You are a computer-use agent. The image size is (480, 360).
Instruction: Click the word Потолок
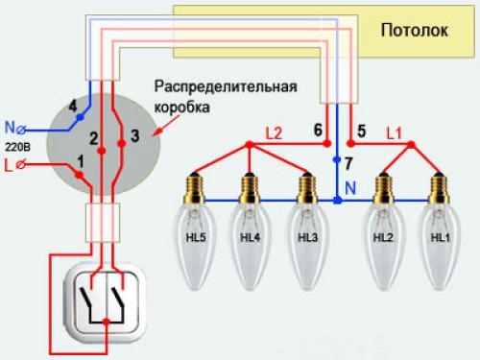415,30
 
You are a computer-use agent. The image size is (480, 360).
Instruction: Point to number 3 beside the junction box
134,136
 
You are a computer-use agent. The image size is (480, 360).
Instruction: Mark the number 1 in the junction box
79,160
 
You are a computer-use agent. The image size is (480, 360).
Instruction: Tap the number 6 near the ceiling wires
317,129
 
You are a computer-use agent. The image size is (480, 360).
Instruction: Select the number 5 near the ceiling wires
361,129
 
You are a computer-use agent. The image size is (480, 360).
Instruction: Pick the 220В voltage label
17,148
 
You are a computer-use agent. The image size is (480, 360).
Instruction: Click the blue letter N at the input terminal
10,127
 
